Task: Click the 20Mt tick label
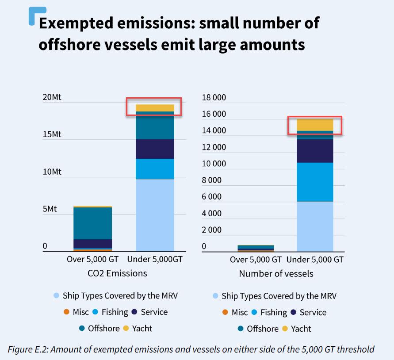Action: (52, 98)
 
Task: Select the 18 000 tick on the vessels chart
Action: (214, 98)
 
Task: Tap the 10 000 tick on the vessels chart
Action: (214, 164)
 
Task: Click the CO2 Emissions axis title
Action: (118, 273)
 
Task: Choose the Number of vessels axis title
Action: (276, 274)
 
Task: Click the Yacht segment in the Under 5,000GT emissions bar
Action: (155, 108)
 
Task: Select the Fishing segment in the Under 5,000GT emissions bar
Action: (155, 169)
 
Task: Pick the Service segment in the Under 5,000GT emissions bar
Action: (155, 149)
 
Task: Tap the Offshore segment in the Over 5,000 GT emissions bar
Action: (93, 223)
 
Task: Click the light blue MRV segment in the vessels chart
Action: (314, 226)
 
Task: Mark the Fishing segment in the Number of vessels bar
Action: (314, 182)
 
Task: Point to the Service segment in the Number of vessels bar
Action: (314, 151)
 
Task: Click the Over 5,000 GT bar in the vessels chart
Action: (256, 248)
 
